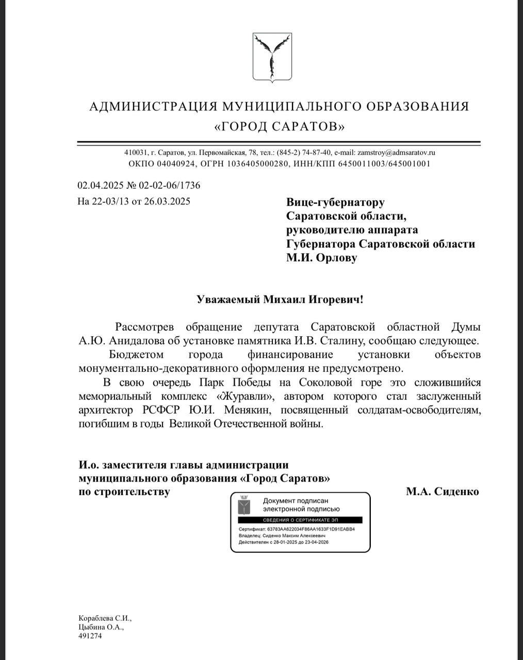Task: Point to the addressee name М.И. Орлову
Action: [x=321, y=258]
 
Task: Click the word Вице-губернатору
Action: [x=335, y=203]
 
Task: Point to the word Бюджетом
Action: [x=136, y=355]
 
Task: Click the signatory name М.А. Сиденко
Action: [x=442, y=491]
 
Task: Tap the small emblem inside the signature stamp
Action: [x=244, y=506]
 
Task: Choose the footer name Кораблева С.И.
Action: [x=105, y=618]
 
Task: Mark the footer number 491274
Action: [x=90, y=636]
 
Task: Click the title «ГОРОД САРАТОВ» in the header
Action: [x=280, y=126]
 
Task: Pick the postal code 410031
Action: [x=135, y=153]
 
